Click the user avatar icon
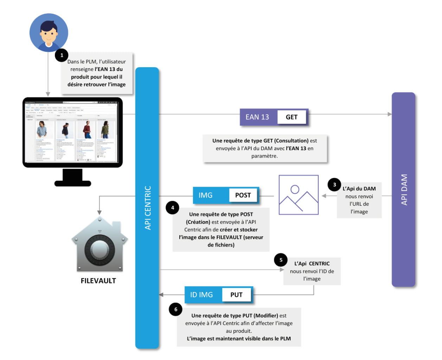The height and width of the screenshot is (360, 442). tap(49, 33)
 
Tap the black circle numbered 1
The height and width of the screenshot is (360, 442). tap(62, 55)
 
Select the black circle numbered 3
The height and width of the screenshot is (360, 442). tap(334, 185)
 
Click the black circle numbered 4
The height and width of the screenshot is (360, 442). tap(172, 208)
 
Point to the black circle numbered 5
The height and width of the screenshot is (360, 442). tap(281, 260)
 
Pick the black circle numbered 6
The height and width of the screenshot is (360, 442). tap(175, 309)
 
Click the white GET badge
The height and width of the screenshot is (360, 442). tap(292, 117)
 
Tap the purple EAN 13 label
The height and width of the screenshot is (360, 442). tap(257, 117)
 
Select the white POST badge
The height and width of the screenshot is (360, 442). tap(243, 195)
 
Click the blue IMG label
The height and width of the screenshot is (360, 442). tap(206, 195)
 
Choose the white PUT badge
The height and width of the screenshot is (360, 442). tap(236, 295)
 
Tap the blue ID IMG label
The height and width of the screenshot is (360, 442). tap(201, 295)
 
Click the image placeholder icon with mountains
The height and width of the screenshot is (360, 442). tap(299, 195)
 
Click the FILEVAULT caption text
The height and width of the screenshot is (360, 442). tap(98, 281)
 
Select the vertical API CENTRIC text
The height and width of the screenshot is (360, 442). tap(148, 208)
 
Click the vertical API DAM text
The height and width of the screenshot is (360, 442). tap(404, 190)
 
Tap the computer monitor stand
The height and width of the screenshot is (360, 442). tap(73, 178)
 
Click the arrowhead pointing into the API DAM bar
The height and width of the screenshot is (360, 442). tap(390, 114)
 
